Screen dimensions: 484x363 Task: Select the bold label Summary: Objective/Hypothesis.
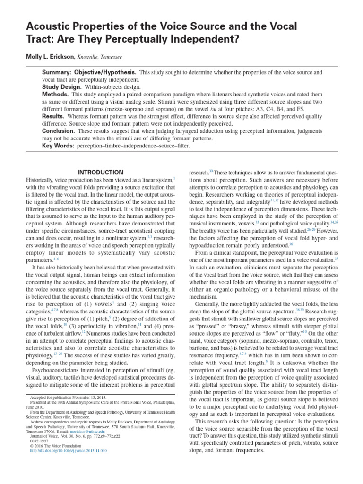89,72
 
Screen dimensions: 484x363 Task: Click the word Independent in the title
211,38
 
